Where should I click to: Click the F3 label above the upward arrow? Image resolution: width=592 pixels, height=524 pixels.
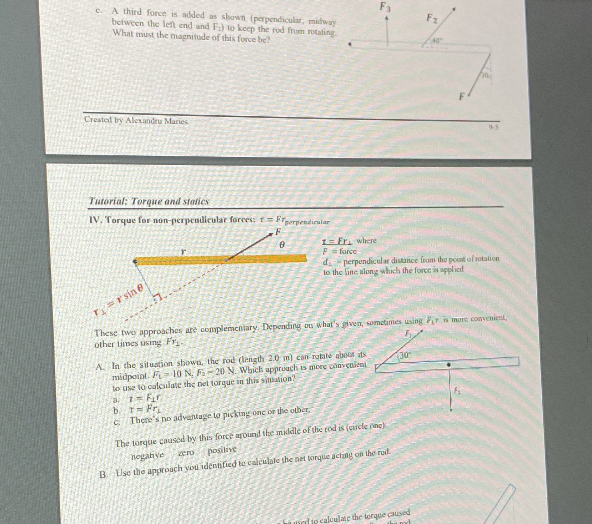tap(385, 7)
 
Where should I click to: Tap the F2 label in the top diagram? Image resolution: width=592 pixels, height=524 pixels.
tap(432, 18)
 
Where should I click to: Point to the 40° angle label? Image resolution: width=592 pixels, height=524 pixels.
tap(437, 41)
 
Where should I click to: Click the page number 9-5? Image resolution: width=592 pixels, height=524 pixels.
tap(494, 126)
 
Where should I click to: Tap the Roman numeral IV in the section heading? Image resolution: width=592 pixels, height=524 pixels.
tap(95, 220)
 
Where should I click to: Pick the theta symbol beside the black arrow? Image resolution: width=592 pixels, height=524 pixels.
tap(282, 245)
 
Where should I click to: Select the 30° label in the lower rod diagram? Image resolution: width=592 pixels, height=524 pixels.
tap(405, 355)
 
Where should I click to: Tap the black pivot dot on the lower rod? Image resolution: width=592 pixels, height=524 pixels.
tap(449, 365)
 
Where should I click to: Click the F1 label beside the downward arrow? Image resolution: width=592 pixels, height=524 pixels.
tap(457, 391)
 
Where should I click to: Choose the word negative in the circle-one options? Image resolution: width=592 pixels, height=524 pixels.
tap(147, 456)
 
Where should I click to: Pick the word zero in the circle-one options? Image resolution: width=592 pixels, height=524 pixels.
tap(186, 453)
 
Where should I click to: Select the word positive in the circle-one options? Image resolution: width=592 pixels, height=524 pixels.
tap(222, 450)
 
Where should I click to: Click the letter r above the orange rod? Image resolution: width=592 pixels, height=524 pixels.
tap(183, 252)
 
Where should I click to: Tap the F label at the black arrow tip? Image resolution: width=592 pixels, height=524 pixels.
tap(278, 232)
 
